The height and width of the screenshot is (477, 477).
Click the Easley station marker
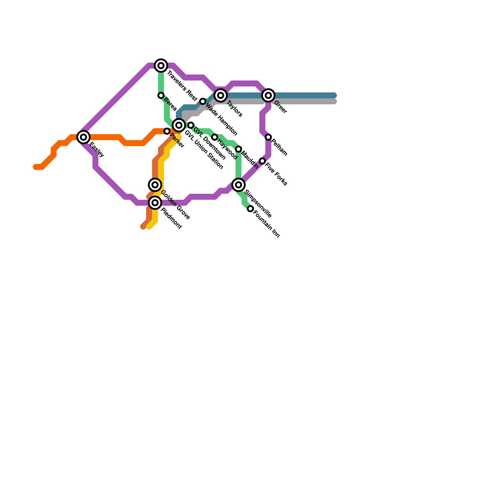point(83,137)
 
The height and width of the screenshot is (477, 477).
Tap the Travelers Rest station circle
point(161,66)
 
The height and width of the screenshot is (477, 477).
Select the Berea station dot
point(161,95)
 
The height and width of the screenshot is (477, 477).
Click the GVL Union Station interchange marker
point(179,125)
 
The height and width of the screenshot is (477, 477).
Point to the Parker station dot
point(167,131)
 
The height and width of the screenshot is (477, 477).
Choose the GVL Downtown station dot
point(191,125)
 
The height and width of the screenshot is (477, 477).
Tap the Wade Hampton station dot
point(203,101)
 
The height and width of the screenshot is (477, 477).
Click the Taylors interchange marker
point(221,95)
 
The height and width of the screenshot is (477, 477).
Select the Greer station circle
point(268,95)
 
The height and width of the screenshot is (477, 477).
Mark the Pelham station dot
point(268,137)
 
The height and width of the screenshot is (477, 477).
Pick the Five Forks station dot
point(262,161)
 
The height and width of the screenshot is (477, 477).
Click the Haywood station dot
point(215,137)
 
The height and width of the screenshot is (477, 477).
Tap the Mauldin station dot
point(238,149)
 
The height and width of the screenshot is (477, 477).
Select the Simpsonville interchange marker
point(238,185)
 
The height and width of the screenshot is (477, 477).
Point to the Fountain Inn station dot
point(250,209)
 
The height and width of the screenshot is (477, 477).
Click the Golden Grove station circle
point(155,185)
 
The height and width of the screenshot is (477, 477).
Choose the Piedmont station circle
point(155,203)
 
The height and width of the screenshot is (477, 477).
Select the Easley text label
point(97,150)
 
